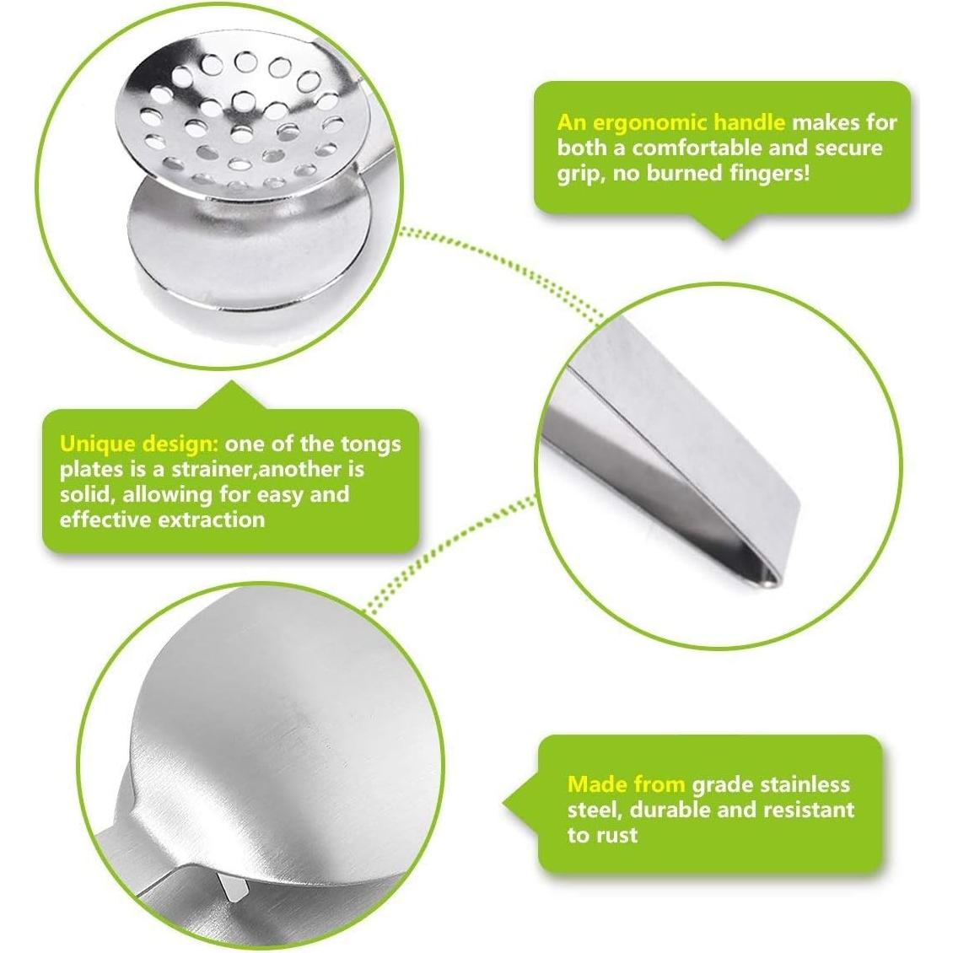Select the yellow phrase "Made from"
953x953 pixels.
point(626,784)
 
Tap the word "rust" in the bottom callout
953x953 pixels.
point(614,835)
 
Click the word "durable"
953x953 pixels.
point(674,810)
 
